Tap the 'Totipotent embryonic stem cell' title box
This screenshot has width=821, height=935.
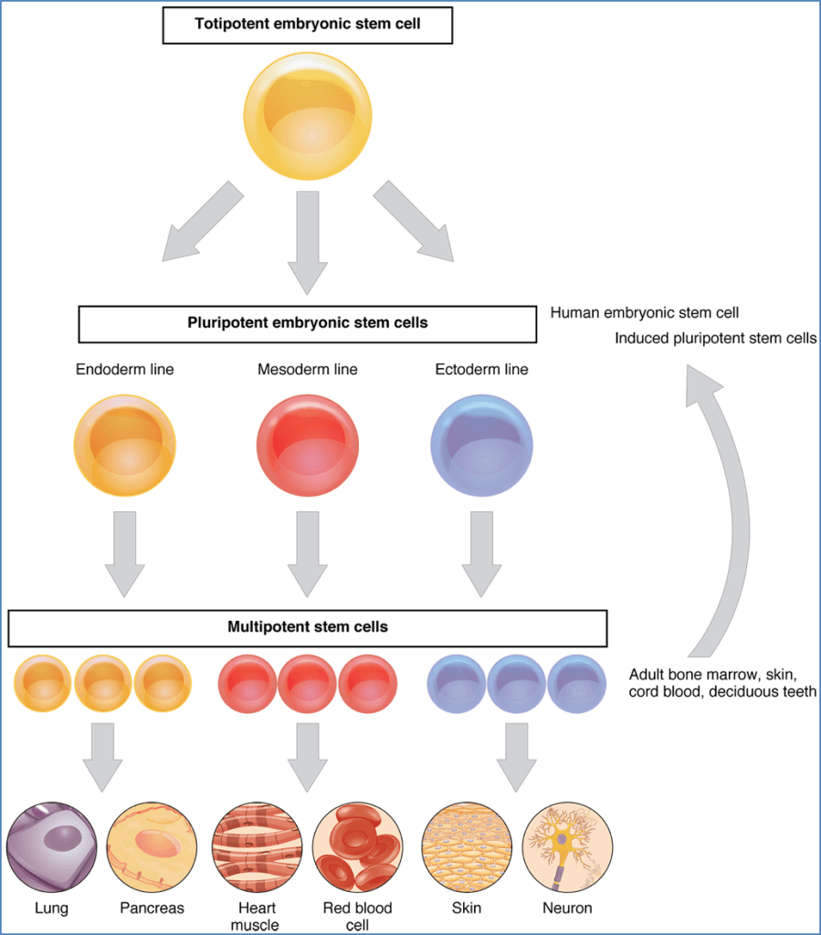click(308, 24)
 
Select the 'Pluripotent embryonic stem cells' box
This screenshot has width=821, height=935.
click(308, 323)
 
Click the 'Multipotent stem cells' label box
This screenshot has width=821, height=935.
click(308, 627)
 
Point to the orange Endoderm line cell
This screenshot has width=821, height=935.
click(125, 445)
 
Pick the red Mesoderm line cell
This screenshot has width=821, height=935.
click(308, 445)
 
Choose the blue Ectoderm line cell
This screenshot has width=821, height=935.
click(481, 445)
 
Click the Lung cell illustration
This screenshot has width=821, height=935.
click(51, 846)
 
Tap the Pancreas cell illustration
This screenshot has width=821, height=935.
click(152, 846)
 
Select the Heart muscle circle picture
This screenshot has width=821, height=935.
click(257, 846)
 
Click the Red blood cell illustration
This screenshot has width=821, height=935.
click(357, 846)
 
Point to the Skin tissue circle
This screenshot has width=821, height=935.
click(466, 846)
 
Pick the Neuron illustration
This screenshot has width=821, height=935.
click(567, 846)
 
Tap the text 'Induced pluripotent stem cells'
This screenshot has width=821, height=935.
click(715, 339)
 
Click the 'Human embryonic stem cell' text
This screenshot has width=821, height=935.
click(644, 313)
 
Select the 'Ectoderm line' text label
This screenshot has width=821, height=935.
click(481, 370)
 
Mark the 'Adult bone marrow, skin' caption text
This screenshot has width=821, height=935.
click(713, 676)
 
